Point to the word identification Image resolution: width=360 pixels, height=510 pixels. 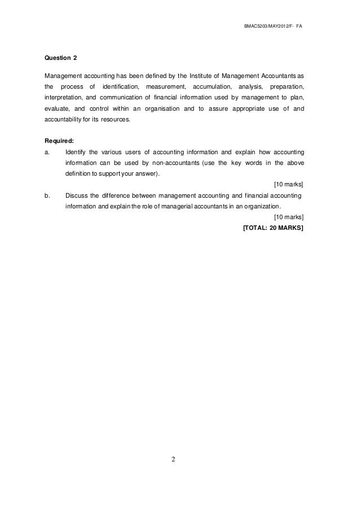click(120, 87)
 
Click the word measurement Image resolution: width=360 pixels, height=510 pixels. click(165, 87)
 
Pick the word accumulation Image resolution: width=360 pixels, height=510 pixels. click(212, 87)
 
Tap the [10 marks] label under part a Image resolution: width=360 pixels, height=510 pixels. click(288, 185)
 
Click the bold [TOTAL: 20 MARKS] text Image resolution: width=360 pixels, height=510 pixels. click(273, 228)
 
